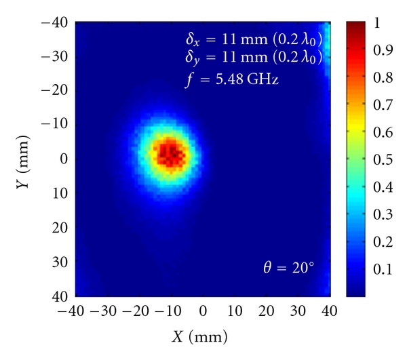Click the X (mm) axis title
coord(203,336)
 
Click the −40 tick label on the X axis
coord(75,311)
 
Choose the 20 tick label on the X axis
coord(267,311)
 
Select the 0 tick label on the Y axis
coord(62,159)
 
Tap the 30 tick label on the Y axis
coord(59,262)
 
